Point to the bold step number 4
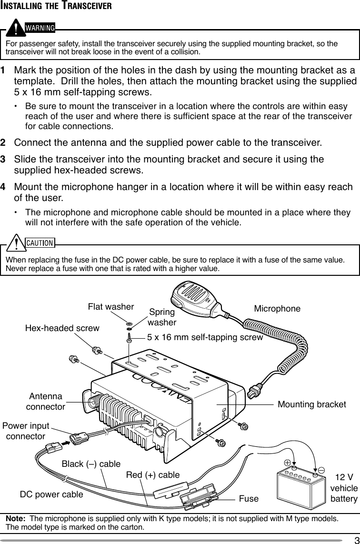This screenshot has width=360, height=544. (x=4, y=187)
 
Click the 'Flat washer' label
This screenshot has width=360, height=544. (x=110, y=307)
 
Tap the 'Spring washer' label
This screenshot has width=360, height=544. (x=162, y=317)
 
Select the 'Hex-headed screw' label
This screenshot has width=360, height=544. (x=62, y=328)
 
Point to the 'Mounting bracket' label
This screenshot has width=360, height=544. (x=311, y=404)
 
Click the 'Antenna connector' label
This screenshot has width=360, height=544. (x=45, y=402)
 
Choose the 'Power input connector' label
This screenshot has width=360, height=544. (x=26, y=431)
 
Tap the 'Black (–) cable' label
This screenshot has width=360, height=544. (x=91, y=463)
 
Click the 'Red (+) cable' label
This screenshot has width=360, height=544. (x=152, y=475)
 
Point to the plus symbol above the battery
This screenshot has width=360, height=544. (x=288, y=463)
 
